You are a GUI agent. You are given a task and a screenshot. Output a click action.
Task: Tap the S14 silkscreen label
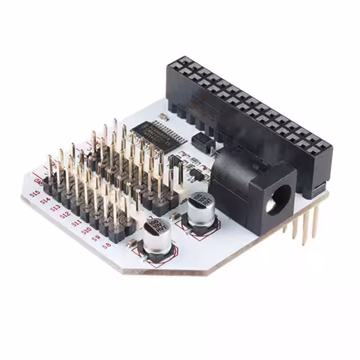coord(44,200)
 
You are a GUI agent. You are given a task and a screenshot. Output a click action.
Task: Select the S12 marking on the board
coord(65,215)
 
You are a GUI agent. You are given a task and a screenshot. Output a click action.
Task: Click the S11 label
coord(76,223)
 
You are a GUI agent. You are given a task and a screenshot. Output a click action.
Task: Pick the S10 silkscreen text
coord(86,230)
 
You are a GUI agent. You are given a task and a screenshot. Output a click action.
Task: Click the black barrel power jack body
coord(253,188)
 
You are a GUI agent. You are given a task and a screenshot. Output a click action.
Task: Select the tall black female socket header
coord(247,118)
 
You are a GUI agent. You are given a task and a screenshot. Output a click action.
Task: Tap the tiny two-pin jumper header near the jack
coord(195,172)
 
